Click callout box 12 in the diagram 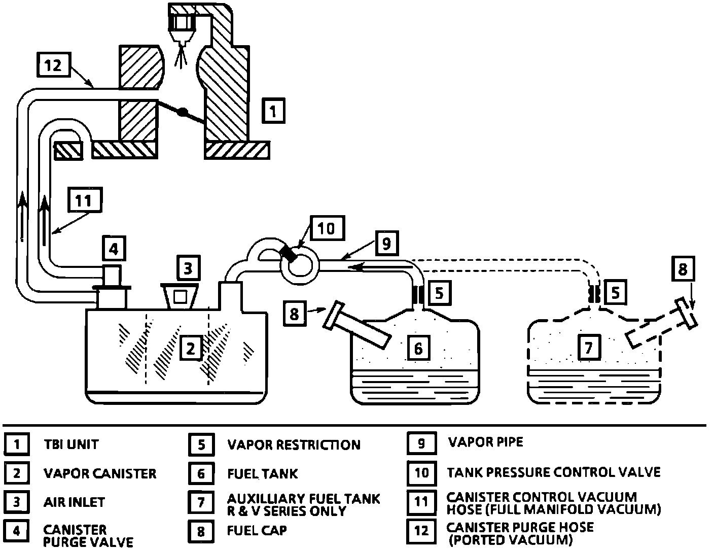(54, 65)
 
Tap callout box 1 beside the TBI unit (273, 111)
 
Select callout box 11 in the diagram (85, 200)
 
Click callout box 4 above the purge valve (114, 249)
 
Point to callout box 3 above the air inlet (188, 268)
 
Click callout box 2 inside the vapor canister (191, 348)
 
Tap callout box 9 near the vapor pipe (386, 243)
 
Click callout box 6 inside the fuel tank (418, 348)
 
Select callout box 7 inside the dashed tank (589, 347)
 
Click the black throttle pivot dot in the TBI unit (182, 112)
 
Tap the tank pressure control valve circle (300, 265)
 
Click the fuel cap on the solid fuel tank (357, 325)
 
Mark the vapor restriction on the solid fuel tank (418, 295)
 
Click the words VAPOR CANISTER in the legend (100, 474)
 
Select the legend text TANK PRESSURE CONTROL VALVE (554, 472)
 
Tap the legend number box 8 (201, 531)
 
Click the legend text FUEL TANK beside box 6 (263, 474)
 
